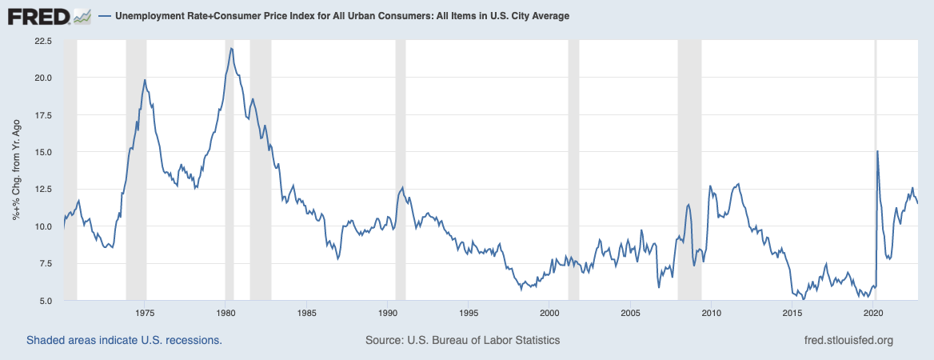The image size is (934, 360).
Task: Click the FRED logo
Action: (x=40, y=15)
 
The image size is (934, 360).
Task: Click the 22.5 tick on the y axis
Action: (x=42, y=41)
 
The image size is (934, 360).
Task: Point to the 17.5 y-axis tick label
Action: (x=42, y=115)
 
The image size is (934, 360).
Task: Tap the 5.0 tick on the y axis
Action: (x=45, y=301)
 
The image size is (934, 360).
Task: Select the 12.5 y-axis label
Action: (x=42, y=190)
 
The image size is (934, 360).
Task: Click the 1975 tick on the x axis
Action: (x=145, y=313)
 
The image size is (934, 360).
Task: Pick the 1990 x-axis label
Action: (x=387, y=313)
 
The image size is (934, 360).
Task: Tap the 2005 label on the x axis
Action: (x=630, y=313)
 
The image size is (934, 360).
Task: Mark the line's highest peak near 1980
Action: (x=231, y=48)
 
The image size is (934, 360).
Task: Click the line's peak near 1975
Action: (x=145, y=79)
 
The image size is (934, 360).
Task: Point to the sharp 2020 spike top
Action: (x=877, y=151)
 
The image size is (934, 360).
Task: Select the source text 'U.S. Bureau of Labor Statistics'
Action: (x=485, y=340)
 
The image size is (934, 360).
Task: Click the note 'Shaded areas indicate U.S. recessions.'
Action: (x=124, y=340)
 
